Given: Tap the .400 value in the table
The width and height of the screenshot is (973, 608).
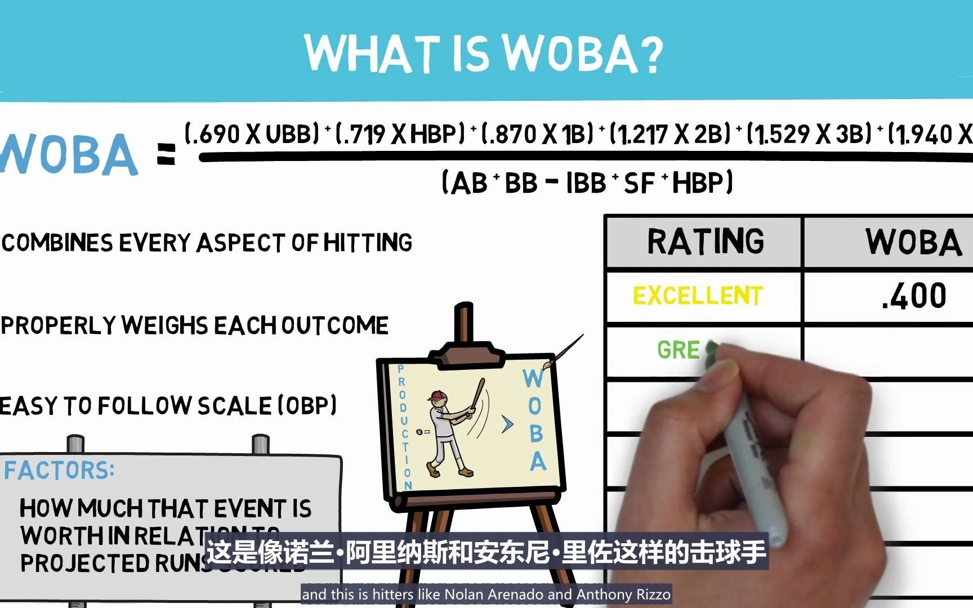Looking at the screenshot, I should click(x=914, y=296).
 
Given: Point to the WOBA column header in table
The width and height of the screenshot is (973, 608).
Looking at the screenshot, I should click(x=913, y=243).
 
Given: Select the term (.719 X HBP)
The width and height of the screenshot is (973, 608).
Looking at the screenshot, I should click(x=400, y=134).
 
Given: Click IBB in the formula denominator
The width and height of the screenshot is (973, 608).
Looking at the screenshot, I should click(x=586, y=183).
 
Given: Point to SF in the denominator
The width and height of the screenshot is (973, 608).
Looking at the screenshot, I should click(x=639, y=183).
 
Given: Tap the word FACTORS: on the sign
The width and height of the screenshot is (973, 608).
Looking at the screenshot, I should click(x=59, y=470).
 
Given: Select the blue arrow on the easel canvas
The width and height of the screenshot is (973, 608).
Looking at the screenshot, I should click(x=507, y=424).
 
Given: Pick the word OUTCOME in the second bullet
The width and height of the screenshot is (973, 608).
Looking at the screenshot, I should click(x=334, y=325).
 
